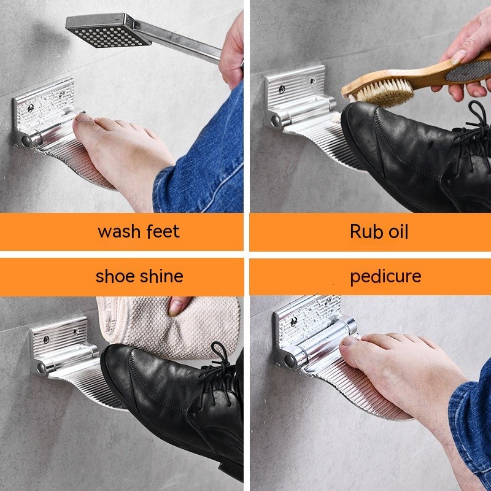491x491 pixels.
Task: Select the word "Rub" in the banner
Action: coord(365,231)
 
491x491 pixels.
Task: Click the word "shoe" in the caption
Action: coord(114,276)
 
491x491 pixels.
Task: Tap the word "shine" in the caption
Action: coord(161,276)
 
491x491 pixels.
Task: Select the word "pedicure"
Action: coord(385,276)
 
